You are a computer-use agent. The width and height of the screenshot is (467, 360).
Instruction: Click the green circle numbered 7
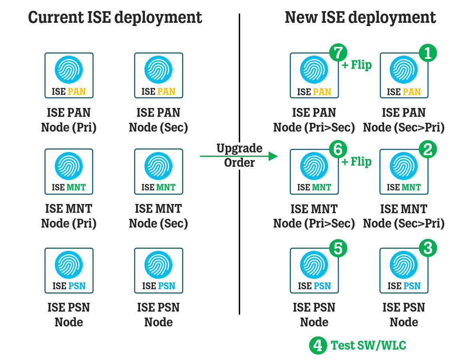(338, 52)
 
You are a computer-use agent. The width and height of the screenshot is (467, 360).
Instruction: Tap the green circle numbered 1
(427, 52)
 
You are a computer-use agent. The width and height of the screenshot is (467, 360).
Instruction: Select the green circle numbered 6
(338, 149)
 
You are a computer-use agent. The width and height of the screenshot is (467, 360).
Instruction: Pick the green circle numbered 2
(427, 149)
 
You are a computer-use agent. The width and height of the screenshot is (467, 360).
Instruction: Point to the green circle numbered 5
(338, 248)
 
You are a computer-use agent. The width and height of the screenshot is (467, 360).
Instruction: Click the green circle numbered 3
(427, 248)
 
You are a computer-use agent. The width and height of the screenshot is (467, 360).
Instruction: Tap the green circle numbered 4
(318, 345)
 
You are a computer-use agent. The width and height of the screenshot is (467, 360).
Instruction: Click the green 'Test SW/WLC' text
(368, 345)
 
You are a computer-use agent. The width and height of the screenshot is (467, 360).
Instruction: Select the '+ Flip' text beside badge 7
(357, 65)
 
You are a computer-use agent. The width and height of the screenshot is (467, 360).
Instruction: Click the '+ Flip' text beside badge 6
(357, 162)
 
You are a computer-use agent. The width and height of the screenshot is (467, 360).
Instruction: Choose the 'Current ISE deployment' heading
(115, 18)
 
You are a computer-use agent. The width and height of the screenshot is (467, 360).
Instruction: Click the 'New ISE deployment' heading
(360, 18)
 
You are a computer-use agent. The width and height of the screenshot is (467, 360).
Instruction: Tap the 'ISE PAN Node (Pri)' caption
(69, 120)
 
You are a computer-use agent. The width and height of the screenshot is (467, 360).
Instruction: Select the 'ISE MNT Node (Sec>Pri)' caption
(404, 216)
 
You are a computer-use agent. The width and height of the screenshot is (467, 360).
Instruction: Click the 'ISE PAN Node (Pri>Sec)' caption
(314, 120)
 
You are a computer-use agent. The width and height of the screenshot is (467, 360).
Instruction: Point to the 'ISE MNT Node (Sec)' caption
(158, 216)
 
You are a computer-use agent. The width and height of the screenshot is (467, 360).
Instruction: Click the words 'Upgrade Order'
(239, 156)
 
